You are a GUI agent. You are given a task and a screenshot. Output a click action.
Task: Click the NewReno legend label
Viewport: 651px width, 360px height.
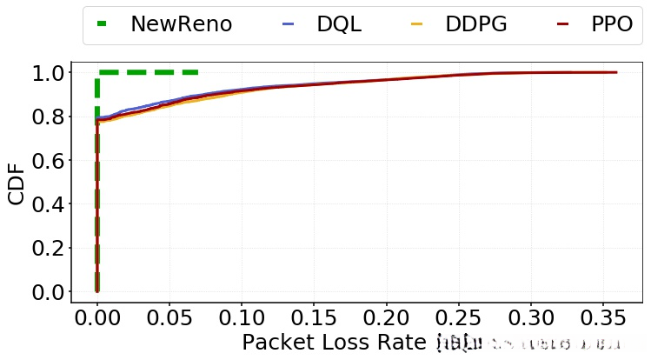click(x=181, y=24)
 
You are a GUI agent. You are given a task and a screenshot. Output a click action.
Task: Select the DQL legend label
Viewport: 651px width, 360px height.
click(x=339, y=24)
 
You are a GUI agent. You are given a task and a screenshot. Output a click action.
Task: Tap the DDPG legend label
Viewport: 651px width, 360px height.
click(x=475, y=24)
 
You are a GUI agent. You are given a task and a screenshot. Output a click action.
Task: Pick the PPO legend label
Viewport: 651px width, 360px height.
click(x=612, y=24)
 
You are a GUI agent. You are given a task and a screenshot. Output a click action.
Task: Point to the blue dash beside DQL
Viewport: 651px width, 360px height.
click(x=289, y=24)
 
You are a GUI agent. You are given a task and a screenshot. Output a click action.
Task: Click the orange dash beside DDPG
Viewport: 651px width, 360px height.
click(x=416, y=24)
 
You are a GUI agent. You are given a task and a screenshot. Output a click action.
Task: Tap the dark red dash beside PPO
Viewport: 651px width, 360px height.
click(x=562, y=24)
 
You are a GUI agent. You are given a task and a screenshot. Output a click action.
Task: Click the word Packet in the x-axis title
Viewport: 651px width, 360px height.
click(x=276, y=343)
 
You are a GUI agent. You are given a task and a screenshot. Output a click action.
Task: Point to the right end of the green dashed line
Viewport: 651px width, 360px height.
click(x=197, y=72)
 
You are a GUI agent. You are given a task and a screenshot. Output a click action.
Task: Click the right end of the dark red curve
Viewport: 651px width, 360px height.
click(x=616, y=72)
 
